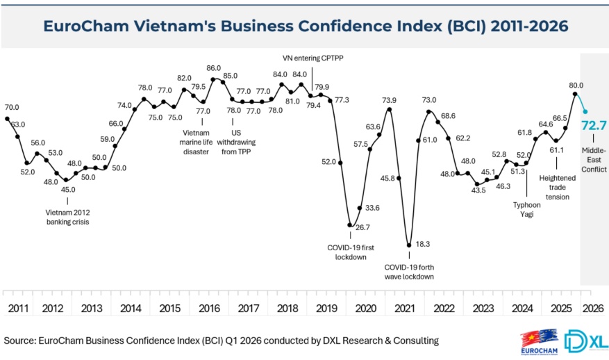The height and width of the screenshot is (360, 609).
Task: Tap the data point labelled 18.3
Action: point(408,245)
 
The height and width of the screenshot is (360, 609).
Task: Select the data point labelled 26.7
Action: point(351,225)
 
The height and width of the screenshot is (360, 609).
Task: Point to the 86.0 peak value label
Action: point(214,68)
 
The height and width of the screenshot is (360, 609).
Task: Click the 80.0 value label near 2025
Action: point(576,85)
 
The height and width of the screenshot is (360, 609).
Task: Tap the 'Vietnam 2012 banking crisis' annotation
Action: point(67,217)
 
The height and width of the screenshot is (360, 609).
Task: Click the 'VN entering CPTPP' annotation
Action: point(312,58)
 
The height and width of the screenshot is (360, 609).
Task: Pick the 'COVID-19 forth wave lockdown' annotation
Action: point(409,271)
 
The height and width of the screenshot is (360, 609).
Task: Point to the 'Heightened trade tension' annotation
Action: point(557,187)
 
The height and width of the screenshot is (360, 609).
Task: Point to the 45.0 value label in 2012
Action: point(67,189)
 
